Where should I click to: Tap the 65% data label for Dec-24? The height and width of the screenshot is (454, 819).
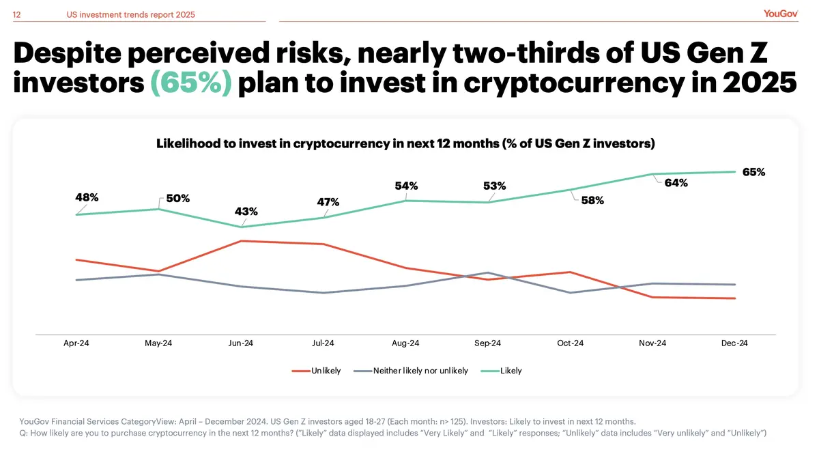(753, 172)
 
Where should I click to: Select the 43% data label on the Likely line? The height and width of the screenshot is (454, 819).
(246, 212)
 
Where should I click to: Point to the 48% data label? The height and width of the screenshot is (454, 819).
(87, 197)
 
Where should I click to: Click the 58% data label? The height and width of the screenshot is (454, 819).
(592, 201)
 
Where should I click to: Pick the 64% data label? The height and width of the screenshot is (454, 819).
(676, 183)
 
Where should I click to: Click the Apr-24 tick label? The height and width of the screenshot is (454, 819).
(76, 343)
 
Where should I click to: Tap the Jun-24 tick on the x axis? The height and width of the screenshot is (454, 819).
(241, 343)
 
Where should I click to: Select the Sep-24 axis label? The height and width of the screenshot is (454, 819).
(488, 343)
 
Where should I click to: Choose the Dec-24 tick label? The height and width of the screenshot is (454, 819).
(735, 343)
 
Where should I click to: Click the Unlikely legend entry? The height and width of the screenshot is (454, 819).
(317, 371)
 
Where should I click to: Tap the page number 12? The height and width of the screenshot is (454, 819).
(17, 14)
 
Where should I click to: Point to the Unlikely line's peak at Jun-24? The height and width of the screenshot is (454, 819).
(241, 240)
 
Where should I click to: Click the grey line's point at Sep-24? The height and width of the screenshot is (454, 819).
(488, 272)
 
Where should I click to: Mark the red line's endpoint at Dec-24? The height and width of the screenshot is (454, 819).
(735, 298)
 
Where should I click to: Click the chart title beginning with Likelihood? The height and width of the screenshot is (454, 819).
(405, 143)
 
